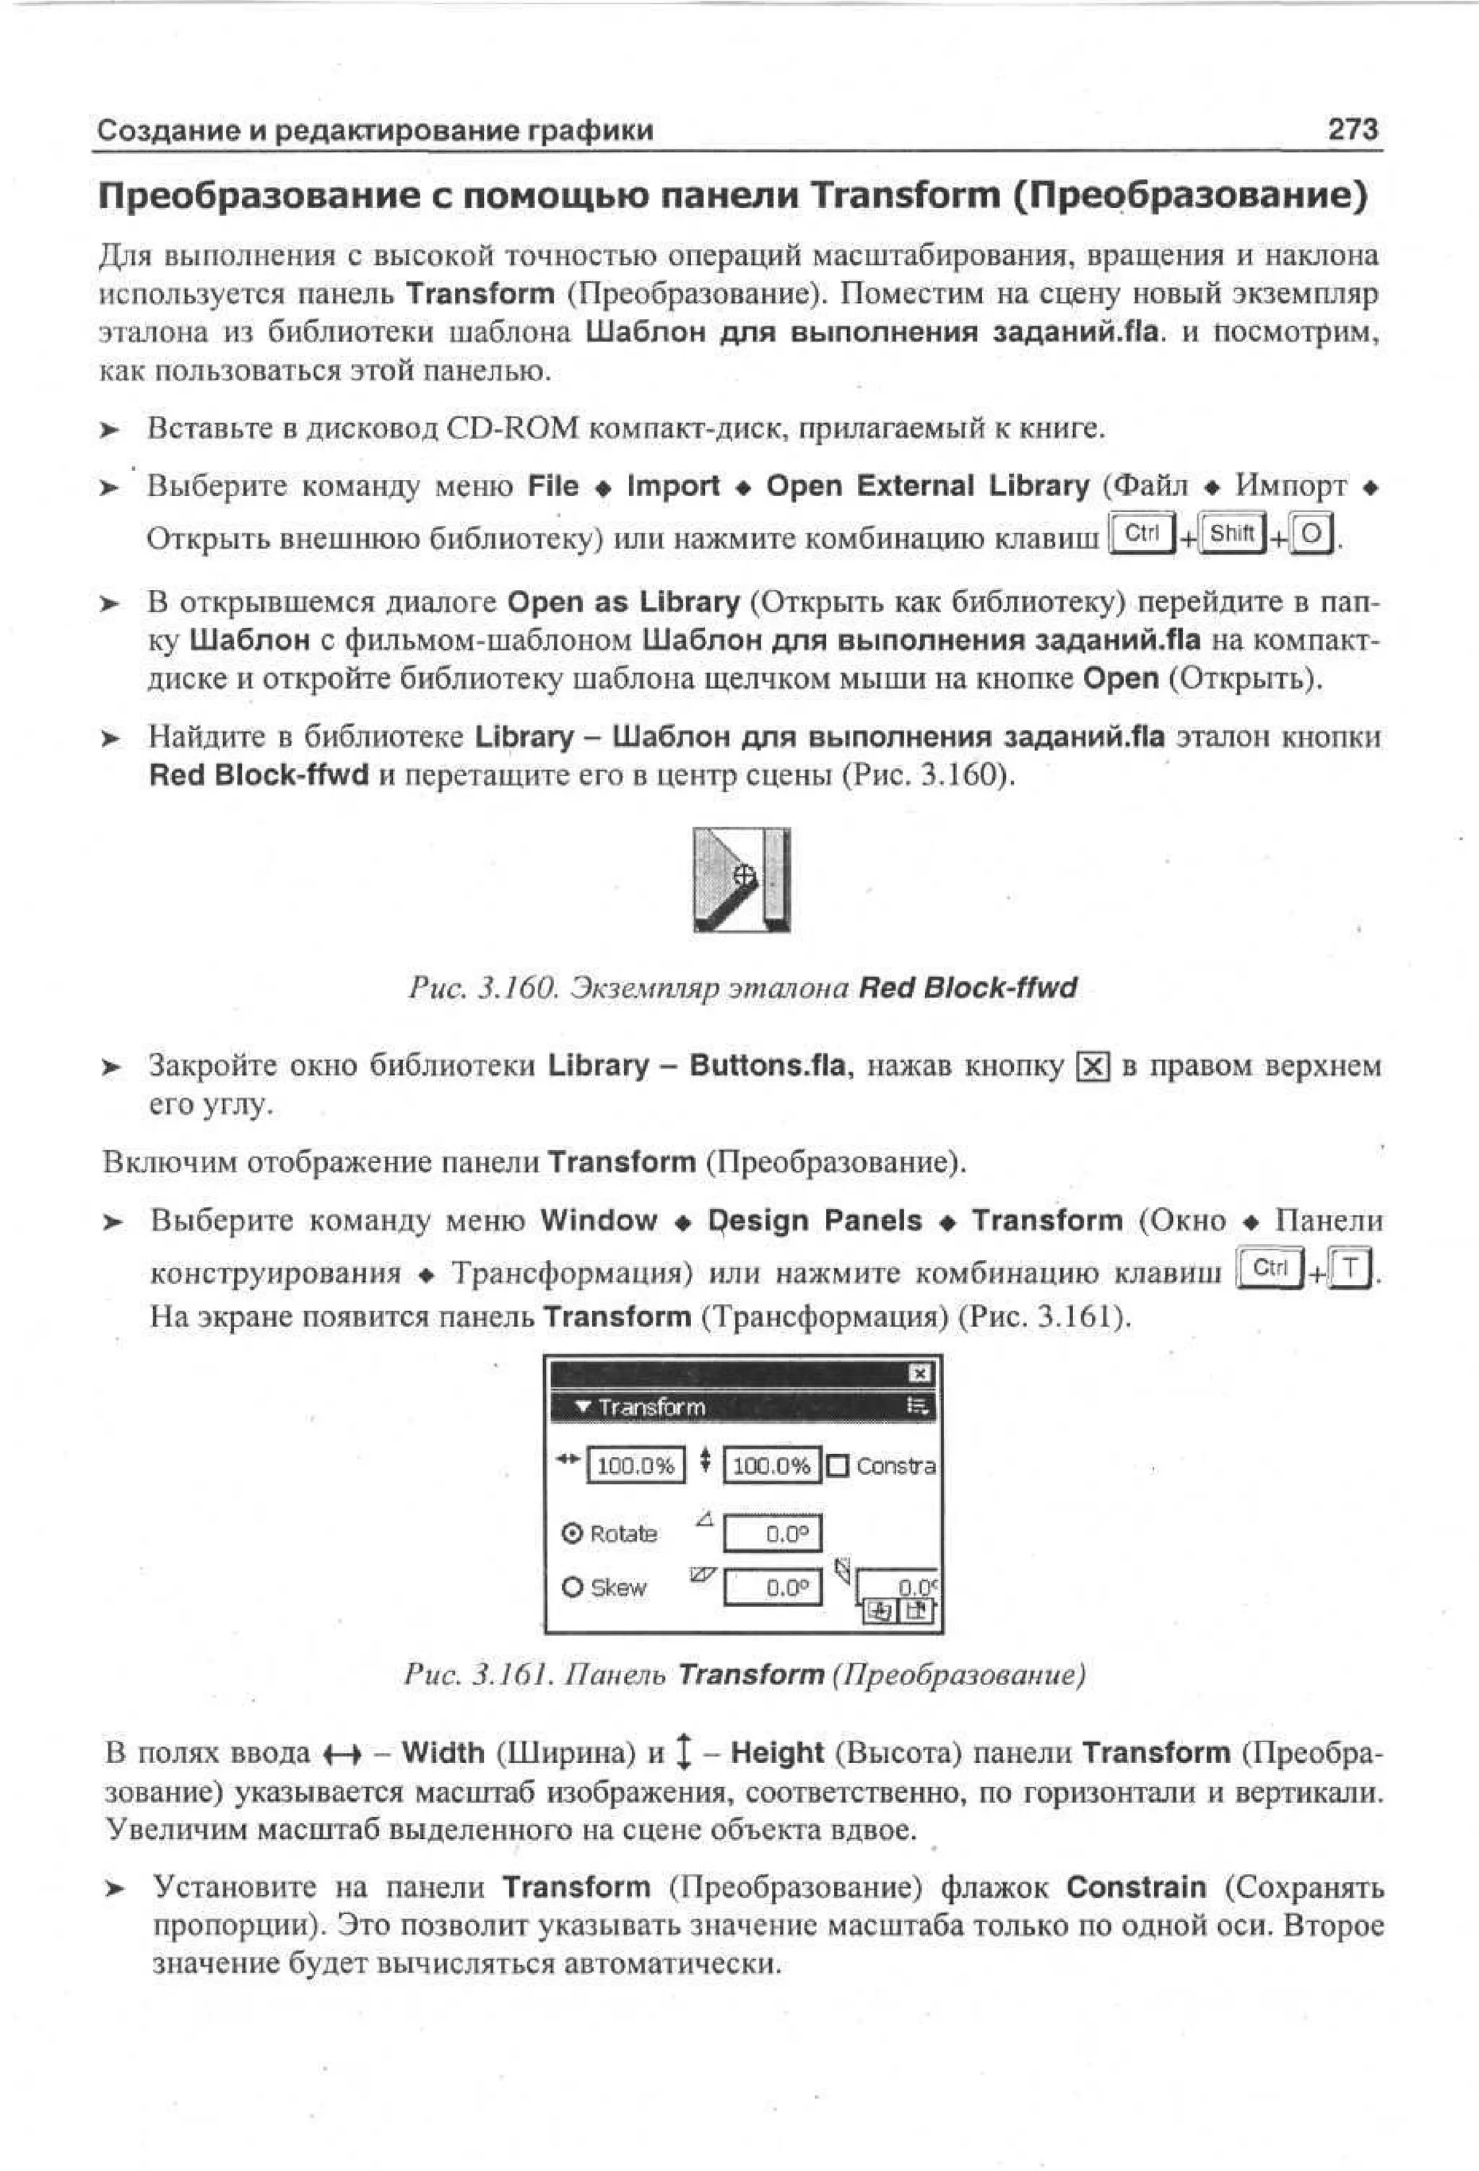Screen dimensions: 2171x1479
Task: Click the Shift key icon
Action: click(1231, 534)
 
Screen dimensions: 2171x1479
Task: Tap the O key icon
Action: click(1311, 534)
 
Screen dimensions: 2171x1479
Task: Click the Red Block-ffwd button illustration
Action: click(741, 879)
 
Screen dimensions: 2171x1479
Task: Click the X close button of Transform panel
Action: click(919, 1372)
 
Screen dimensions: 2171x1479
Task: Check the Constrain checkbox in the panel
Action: click(837, 1466)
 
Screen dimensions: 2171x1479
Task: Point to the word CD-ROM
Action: click(513, 429)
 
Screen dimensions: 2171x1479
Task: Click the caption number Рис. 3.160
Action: click(482, 988)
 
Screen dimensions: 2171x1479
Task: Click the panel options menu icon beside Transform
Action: click(919, 1406)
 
